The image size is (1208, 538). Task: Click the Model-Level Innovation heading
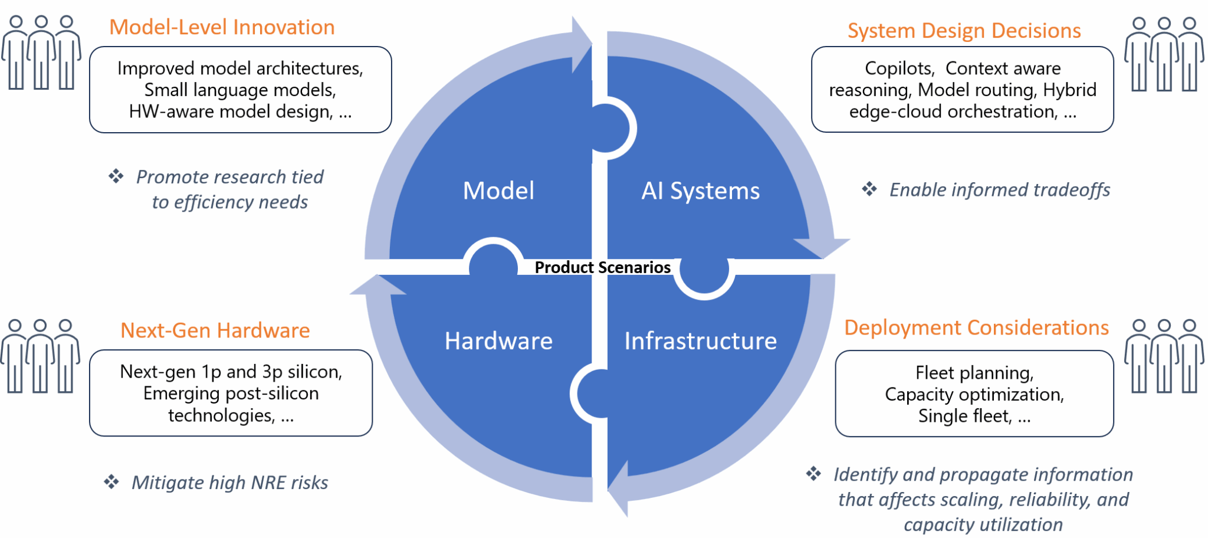click(x=222, y=27)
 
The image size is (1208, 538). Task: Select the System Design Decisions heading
click(x=964, y=31)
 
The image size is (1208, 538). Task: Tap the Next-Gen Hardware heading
click(x=215, y=330)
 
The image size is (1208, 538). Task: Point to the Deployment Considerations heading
click(x=976, y=327)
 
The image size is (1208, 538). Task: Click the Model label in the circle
click(x=498, y=191)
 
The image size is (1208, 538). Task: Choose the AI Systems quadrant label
click(x=700, y=191)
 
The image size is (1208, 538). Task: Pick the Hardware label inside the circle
click(x=498, y=341)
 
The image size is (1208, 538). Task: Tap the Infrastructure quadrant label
click(x=700, y=341)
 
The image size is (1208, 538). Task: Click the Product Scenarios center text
click(x=602, y=267)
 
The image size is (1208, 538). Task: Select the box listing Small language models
click(x=240, y=90)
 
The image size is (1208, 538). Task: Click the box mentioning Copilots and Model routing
click(x=962, y=90)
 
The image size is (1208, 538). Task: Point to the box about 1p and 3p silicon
click(x=231, y=393)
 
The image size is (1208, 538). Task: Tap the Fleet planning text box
click(x=974, y=394)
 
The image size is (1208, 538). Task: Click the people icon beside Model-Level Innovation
click(x=41, y=53)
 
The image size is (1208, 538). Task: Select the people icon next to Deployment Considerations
click(x=1164, y=356)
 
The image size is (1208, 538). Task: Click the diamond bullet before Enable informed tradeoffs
click(x=869, y=189)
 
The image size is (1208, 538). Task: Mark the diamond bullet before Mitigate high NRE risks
click(x=111, y=482)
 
